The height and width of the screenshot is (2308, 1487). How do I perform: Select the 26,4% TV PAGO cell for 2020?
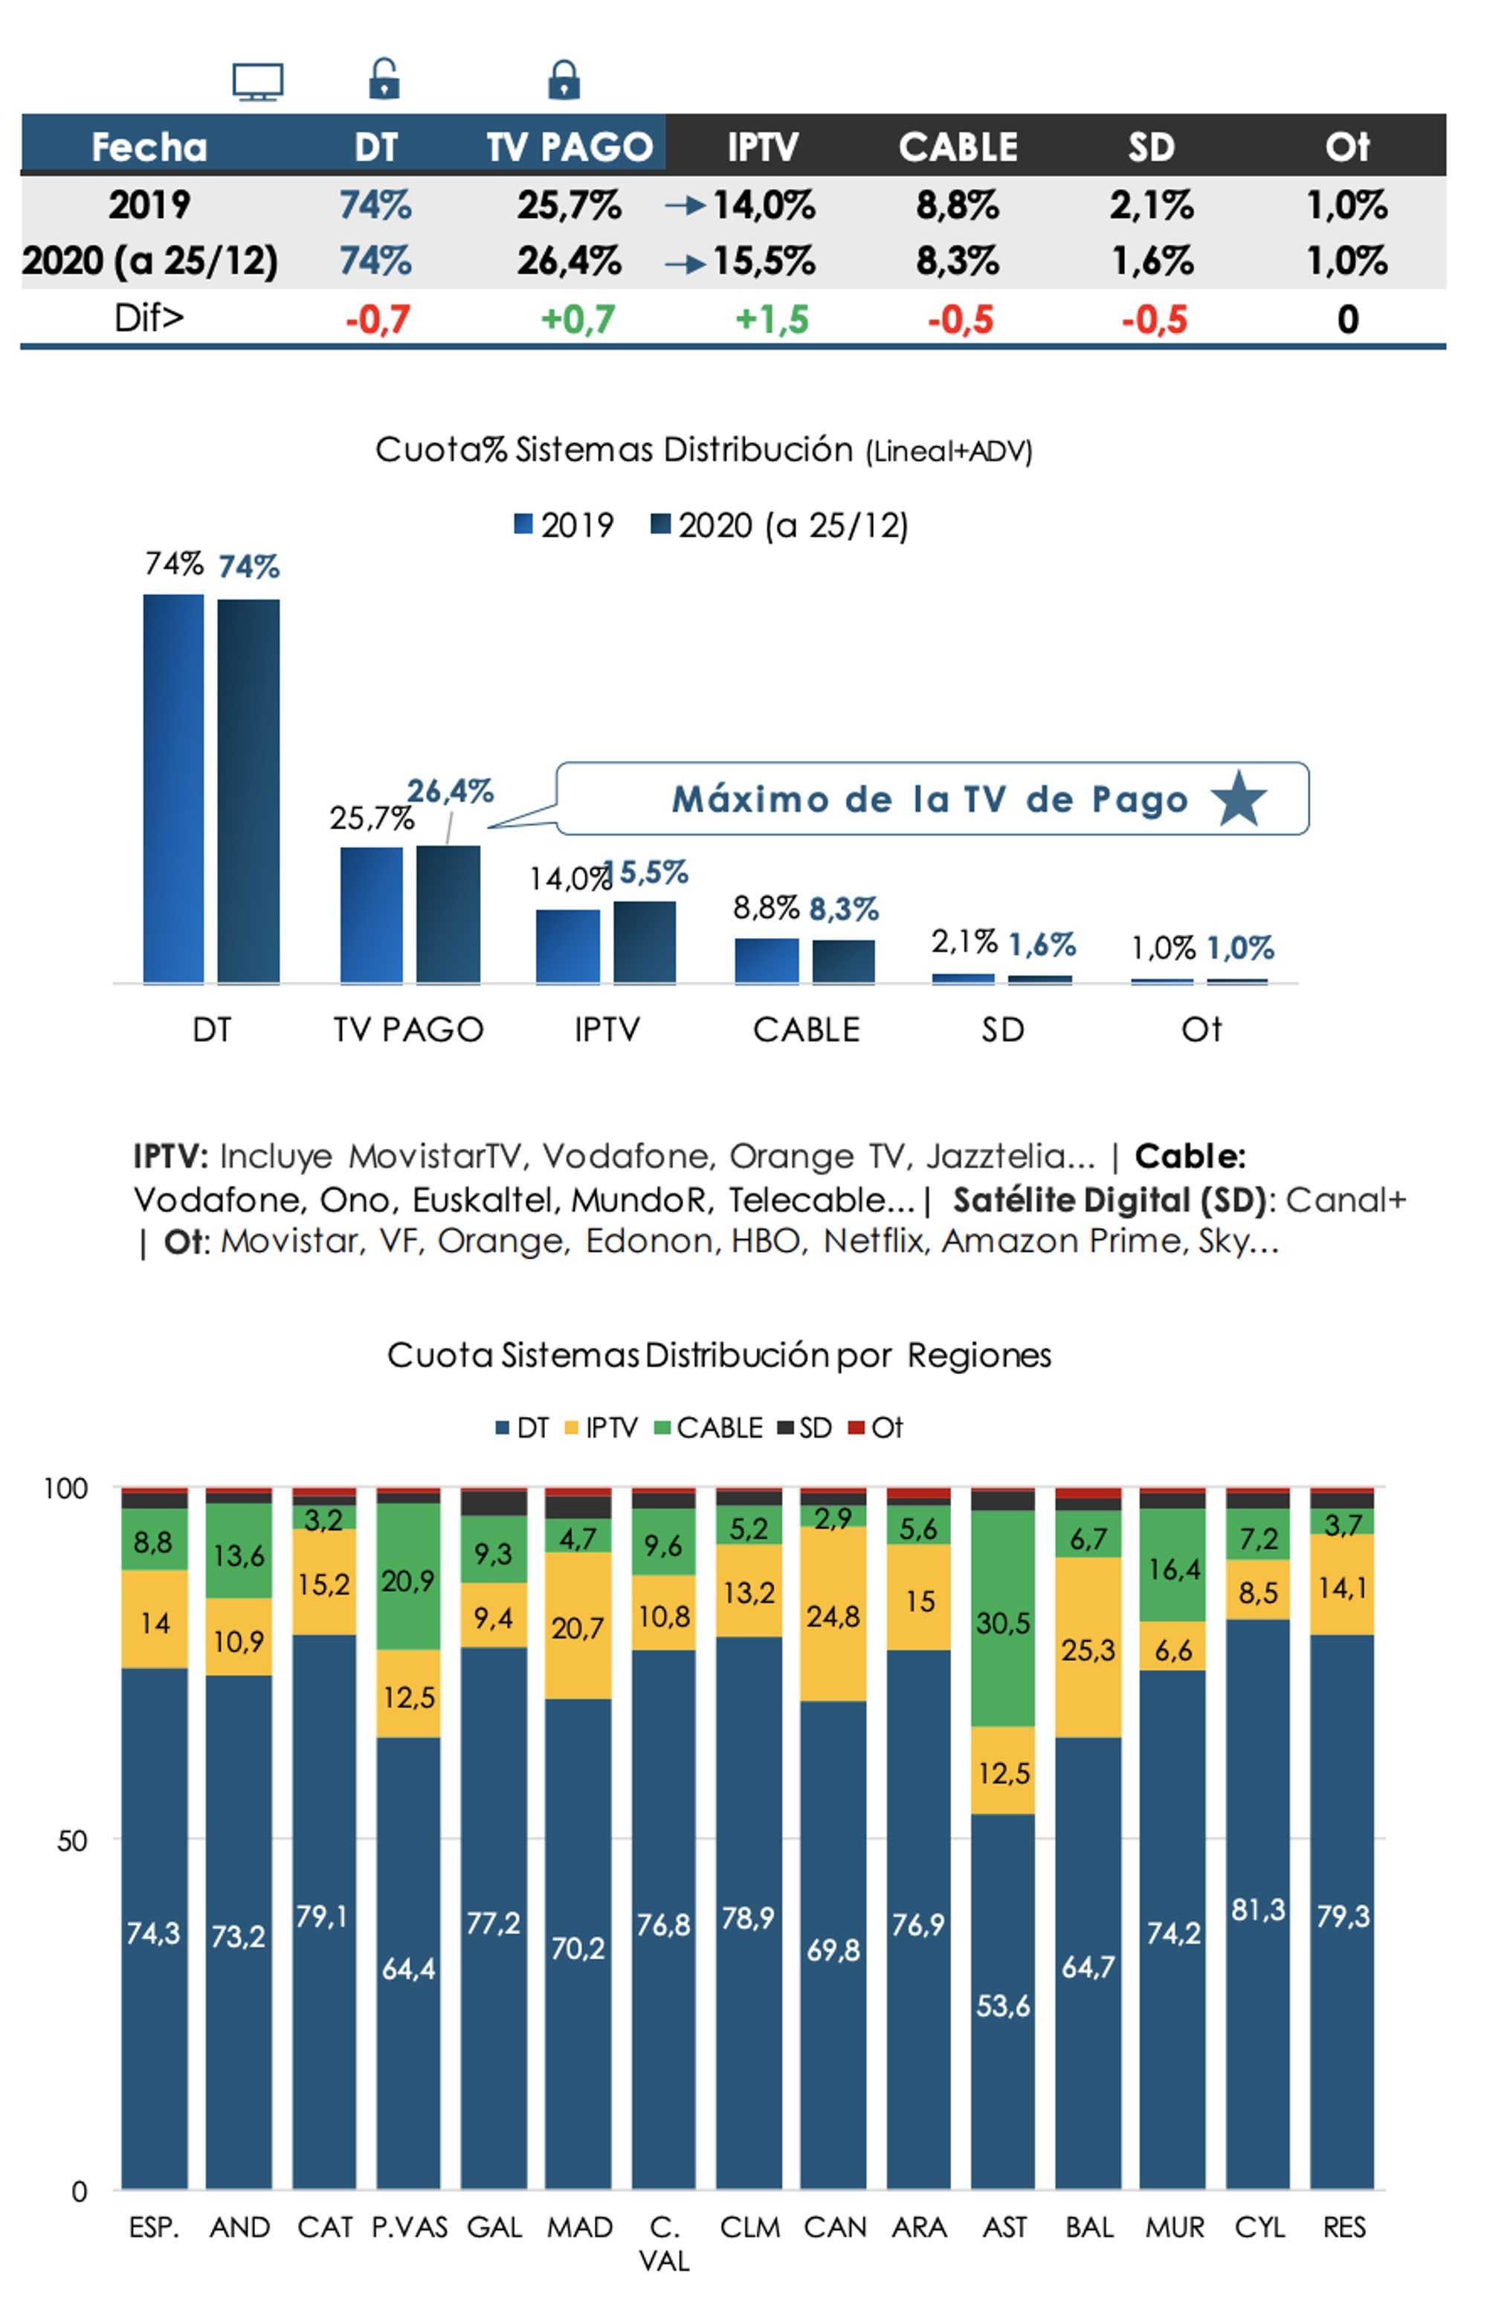coord(569,261)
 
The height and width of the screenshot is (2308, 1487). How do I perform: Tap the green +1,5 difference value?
coord(772,320)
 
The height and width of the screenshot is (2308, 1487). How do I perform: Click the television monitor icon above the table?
coord(258,82)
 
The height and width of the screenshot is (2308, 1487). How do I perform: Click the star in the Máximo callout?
coord(1238,799)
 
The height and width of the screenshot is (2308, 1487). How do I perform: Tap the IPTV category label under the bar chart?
coord(607,1029)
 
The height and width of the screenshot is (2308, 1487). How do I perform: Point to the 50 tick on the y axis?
coord(71,1841)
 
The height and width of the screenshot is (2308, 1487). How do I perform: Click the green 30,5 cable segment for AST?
coord(1003,1622)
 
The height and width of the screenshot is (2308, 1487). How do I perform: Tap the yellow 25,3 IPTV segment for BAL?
coord(1088,1650)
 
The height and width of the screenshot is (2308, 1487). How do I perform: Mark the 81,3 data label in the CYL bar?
coord(1258,1909)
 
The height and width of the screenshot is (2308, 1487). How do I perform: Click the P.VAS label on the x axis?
coord(410,2227)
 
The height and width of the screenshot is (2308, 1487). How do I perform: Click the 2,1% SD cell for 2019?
coord(1151,205)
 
